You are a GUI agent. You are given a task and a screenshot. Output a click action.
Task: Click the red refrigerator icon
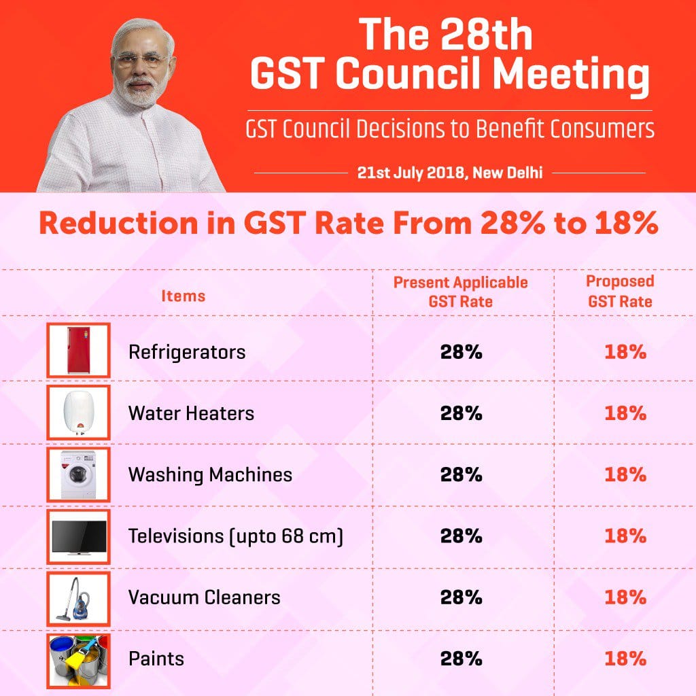[79, 350]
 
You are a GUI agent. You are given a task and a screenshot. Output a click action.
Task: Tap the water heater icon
[79, 413]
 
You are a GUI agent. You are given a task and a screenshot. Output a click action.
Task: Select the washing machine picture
[79, 474]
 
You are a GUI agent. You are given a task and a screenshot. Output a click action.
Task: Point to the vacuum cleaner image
[79, 597]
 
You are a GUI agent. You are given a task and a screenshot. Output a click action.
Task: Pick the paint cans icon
[79, 659]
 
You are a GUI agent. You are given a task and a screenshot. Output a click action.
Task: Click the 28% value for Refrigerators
[461, 352]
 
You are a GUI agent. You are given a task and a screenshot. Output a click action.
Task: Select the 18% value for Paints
[625, 659]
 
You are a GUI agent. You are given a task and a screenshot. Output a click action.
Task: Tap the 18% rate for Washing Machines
[625, 474]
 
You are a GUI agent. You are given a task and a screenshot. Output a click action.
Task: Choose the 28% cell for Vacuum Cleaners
[461, 597]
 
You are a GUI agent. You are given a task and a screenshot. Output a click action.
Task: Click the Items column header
[183, 296]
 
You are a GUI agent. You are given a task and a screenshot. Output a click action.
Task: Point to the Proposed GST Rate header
[620, 291]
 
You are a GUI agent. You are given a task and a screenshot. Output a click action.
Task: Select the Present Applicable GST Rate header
[460, 292]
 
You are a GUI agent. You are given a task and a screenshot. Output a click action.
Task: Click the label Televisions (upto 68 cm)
[235, 536]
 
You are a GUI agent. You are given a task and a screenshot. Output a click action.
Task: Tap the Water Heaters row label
[191, 413]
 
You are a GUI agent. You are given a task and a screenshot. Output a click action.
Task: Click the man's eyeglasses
[141, 59]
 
